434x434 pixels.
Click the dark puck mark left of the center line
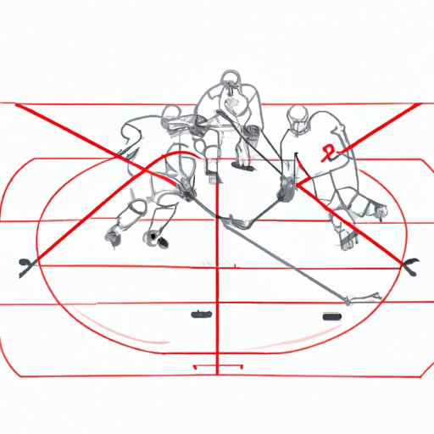point(201,314)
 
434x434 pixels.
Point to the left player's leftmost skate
point(114,232)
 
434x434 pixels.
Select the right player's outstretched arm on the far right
point(373,209)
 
